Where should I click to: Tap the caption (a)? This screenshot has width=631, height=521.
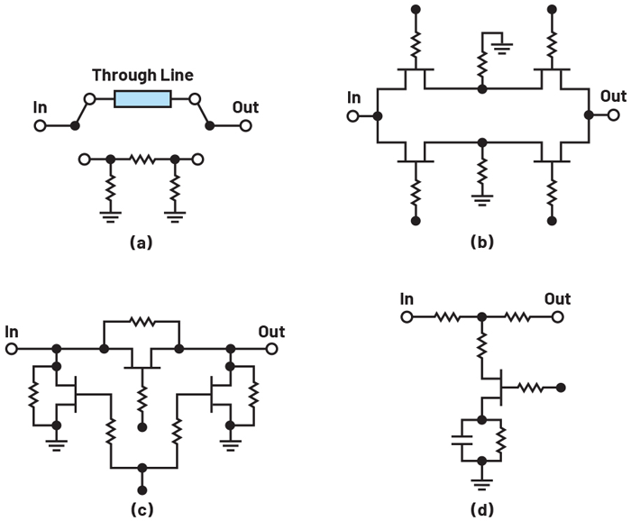[x=142, y=241]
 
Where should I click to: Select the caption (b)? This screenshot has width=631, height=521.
[x=482, y=241]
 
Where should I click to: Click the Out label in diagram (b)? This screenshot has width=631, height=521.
[x=613, y=96]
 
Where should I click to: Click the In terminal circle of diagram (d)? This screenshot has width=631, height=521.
[x=407, y=317]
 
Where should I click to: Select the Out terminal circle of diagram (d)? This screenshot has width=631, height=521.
[x=558, y=317]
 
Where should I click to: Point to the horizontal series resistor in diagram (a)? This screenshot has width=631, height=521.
[x=142, y=160]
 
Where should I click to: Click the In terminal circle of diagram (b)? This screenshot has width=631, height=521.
[x=353, y=116]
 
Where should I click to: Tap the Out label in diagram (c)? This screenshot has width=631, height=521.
[x=270, y=332]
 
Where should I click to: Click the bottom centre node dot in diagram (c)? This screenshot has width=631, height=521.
[x=142, y=468]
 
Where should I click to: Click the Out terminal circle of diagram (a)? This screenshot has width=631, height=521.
[x=244, y=126]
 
